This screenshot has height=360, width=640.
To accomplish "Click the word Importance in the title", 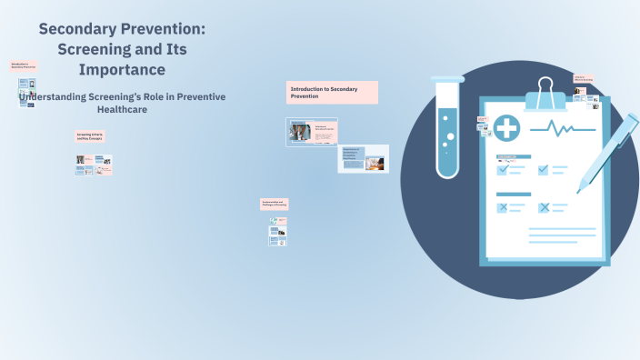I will pyautogui.click(x=121, y=69).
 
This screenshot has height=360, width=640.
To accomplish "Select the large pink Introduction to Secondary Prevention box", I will pyautogui.click(x=332, y=92).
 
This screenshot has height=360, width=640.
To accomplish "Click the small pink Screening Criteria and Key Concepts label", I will pyautogui.click(x=89, y=136).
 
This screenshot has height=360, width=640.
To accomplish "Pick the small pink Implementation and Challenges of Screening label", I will pyautogui.click(x=275, y=205).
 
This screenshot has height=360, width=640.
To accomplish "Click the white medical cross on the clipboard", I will pyautogui.click(x=507, y=128).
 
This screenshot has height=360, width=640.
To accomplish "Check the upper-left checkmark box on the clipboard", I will pyautogui.click(x=502, y=169).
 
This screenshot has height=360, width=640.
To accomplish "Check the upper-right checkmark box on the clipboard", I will pyautogui.click(x=544, y=169).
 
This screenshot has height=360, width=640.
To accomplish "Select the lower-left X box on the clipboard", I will pyautogui.click(x=502, y=207).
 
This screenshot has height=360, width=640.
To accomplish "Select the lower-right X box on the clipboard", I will pyautogui.click(x=544, y=207).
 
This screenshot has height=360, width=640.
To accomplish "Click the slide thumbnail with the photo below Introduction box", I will pyautogui.click(x=313, y=133).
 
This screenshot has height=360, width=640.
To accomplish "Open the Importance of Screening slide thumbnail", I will pyautogui.click(x=363, y=159).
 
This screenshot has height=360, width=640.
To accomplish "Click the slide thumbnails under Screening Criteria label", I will pyautogui.click(x=94, y=165).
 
